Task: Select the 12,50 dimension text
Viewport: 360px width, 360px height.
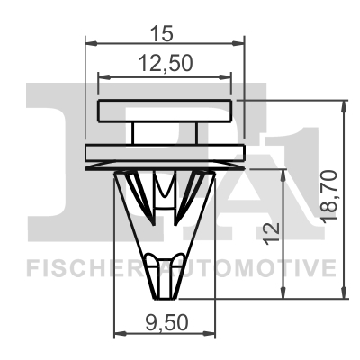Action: click(164, 63)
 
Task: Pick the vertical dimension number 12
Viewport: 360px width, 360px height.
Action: click(269, 232)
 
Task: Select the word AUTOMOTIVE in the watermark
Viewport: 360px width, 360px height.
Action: click(261, 267)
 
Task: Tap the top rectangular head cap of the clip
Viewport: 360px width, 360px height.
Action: click(164, 112)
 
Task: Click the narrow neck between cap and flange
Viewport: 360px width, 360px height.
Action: click(164, 133)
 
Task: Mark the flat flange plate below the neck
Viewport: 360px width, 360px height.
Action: click(164, 151)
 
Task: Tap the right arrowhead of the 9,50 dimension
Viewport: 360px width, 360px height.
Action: click(211, 335)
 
